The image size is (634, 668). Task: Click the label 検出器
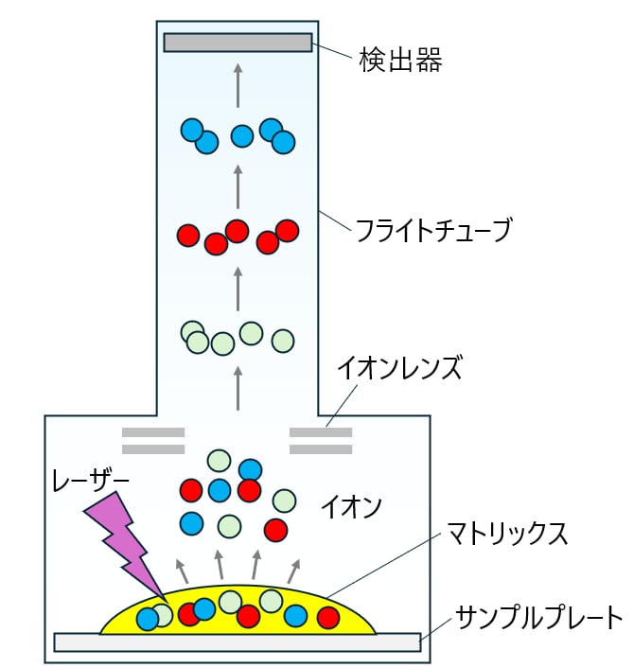pyautogui.click(x=400, y=60)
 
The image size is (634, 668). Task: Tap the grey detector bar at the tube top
pyautogui.click(x=238, y=43)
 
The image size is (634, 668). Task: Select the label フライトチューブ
pyautogui.click(x=432, y=230)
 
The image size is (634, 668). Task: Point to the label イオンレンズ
pyautogui.click(x=399, y=368)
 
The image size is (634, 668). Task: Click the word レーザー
pyautogui.click(x=90, y=480)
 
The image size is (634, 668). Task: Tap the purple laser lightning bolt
pyautogui.click(x=124, y=545)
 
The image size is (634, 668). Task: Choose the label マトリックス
pyautogui.click(x=506, y=534)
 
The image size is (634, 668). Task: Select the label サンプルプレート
pyautogui.click(x=539, y=617)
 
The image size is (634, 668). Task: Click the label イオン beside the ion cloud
pyautogui.click(x=351, y=506)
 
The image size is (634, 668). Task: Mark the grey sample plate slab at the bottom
pyautogui.click(x=238, y=642)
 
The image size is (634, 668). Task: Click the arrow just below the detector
pyautogui.click(x=238, y=85)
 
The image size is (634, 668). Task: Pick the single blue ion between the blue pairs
pyautogui.click(x=242, y=136)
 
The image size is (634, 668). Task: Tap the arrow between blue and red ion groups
pyautogui.click(x=238, y=186)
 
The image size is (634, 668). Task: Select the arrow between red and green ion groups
pyautogui.click(x=238, y=289)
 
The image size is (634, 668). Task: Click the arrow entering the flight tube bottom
pyautogui.click(x=238, y=389)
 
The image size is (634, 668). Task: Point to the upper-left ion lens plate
pyautogui.click(x=153, y=432)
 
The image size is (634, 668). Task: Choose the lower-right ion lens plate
pyautogui.click(x=321, y=449)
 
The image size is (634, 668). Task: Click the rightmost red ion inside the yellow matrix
pyautogui.click(x=328, y=618)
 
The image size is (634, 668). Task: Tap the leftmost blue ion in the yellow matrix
pyautogui.click(x=148, y=619)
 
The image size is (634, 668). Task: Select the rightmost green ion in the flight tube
pyautogui.click(x=283, y=341)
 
